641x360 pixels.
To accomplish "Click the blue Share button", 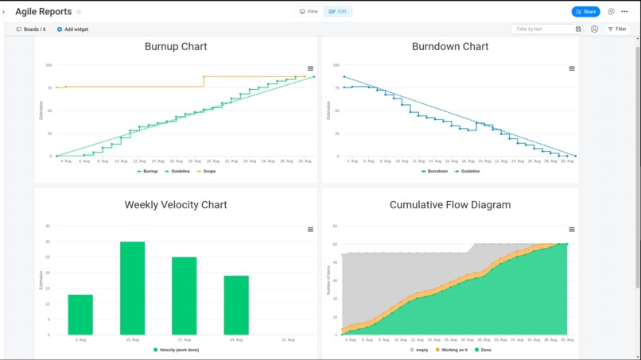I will [585, 12].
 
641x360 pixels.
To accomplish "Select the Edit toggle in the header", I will [338, 12].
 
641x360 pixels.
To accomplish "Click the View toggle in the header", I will [309, 12].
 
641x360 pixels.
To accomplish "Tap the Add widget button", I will [72, 29].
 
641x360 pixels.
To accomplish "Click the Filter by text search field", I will [542, 29].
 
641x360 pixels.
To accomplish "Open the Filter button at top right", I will [617, 29].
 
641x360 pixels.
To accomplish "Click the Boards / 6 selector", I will [31, 29].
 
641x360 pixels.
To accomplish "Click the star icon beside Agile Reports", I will [79, 12].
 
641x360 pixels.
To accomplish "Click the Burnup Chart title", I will [176, 47].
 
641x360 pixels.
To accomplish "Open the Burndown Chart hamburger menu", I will [572, 68].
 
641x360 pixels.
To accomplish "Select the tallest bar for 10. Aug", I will [132, 288].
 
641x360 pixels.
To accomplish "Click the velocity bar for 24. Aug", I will [236, 305].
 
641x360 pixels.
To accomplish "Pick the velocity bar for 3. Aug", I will [80, 315].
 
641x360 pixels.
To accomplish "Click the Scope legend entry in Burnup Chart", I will [207, 172].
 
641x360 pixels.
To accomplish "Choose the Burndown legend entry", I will [435, 172].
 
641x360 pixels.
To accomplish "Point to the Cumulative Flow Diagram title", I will [450, 205].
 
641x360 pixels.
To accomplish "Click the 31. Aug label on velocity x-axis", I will [288, 339].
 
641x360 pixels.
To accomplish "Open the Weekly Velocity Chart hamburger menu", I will [310, 230].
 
